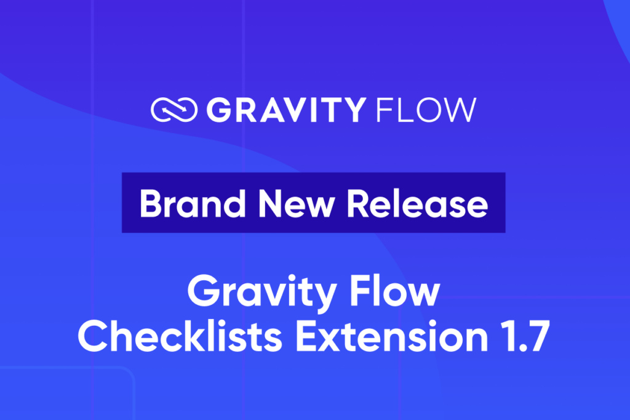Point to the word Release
point(410,204)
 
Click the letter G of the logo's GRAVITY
point(217,110)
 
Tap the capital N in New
point(263,204)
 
